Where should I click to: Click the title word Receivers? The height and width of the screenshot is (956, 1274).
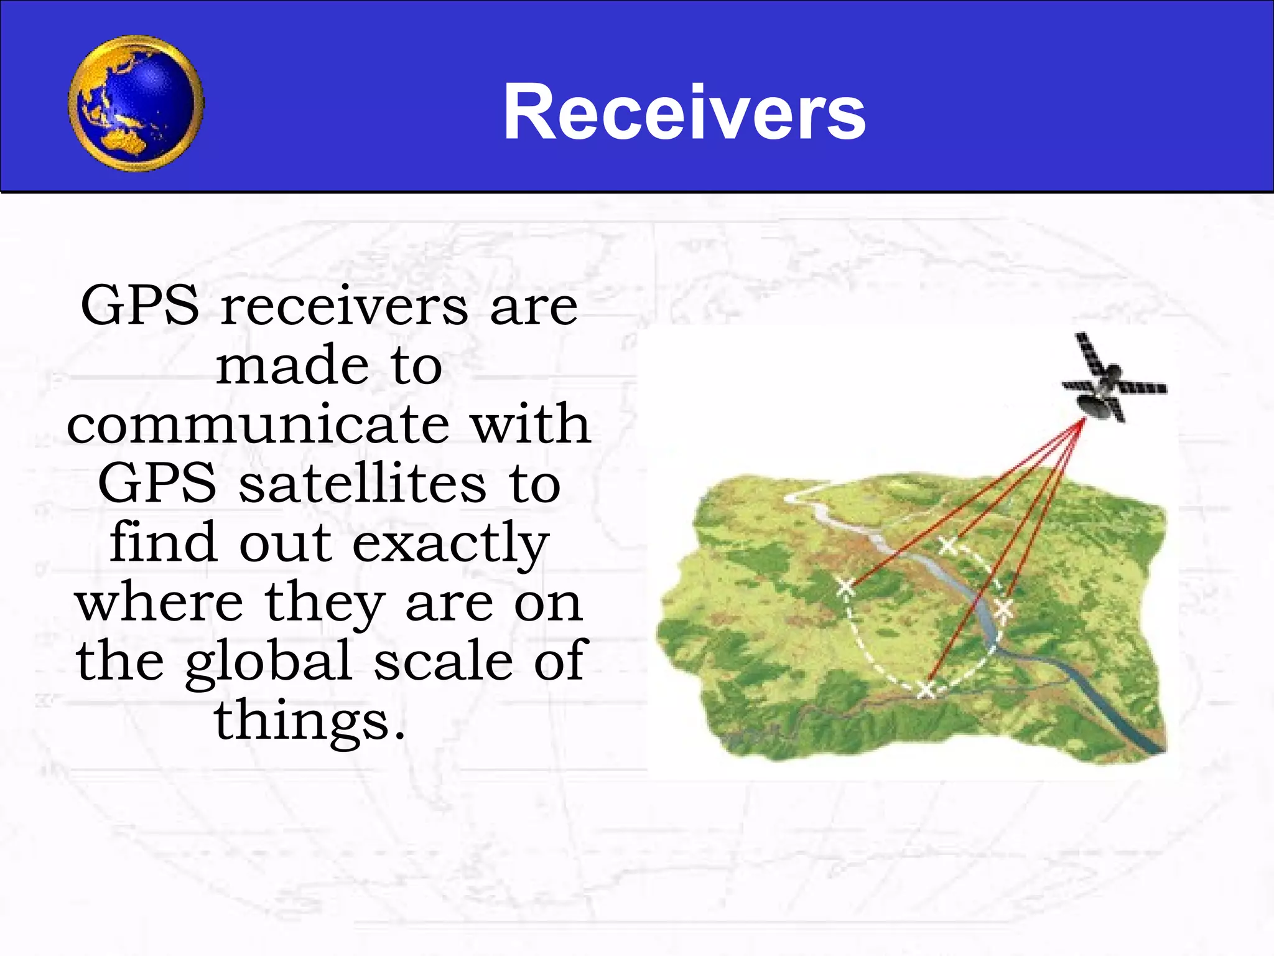(x=684, y=113)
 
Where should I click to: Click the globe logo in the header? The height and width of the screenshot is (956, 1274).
(x=136, y=103)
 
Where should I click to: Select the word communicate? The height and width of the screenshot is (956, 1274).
(x=258, y=424)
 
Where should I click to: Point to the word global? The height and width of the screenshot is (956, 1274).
(x=269, y=662)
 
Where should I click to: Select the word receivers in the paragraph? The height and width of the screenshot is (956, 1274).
(x=344, y=306)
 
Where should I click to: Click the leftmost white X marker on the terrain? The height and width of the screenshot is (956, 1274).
(x=845, y=586)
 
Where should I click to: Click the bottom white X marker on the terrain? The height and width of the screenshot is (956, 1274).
(x=926, y=688)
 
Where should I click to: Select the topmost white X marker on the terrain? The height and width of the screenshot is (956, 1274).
(x=948, y=545)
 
